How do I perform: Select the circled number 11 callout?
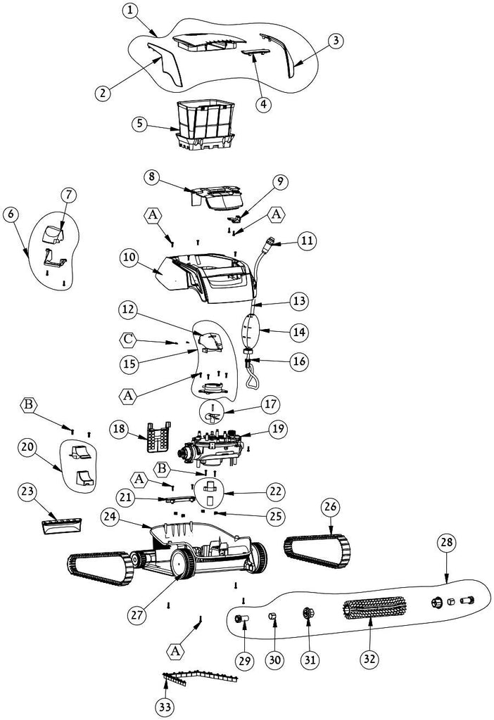click(x=306, y=241)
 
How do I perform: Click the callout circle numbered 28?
click(x=446, y=542)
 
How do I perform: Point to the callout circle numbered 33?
click(x=165, y=705)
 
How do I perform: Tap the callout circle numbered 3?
click(x=336, y=40)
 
